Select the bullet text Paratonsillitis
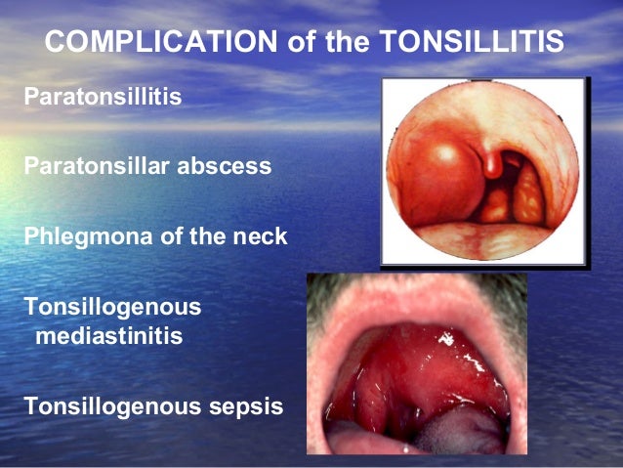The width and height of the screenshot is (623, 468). (102, 98)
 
